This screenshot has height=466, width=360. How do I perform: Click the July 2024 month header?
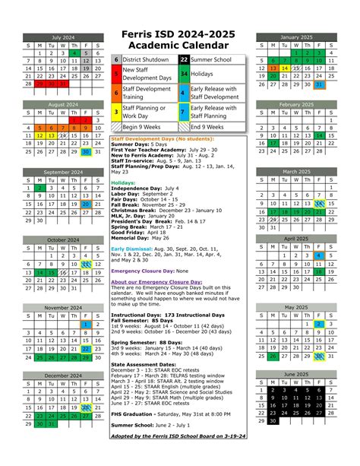64,37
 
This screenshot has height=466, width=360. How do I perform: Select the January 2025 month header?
295,37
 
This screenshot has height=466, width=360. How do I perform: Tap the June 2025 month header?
295,375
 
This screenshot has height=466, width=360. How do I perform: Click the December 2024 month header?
64,376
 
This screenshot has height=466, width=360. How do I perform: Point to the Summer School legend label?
213,59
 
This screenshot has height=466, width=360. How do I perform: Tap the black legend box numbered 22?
184,59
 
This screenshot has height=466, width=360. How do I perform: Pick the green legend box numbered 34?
184,74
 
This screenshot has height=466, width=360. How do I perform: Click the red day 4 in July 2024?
75,53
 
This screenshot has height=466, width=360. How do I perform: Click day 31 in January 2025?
318,84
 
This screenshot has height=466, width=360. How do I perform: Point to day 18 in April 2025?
318,271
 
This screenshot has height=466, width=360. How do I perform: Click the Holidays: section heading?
123,182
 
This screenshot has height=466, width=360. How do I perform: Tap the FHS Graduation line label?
134,392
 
